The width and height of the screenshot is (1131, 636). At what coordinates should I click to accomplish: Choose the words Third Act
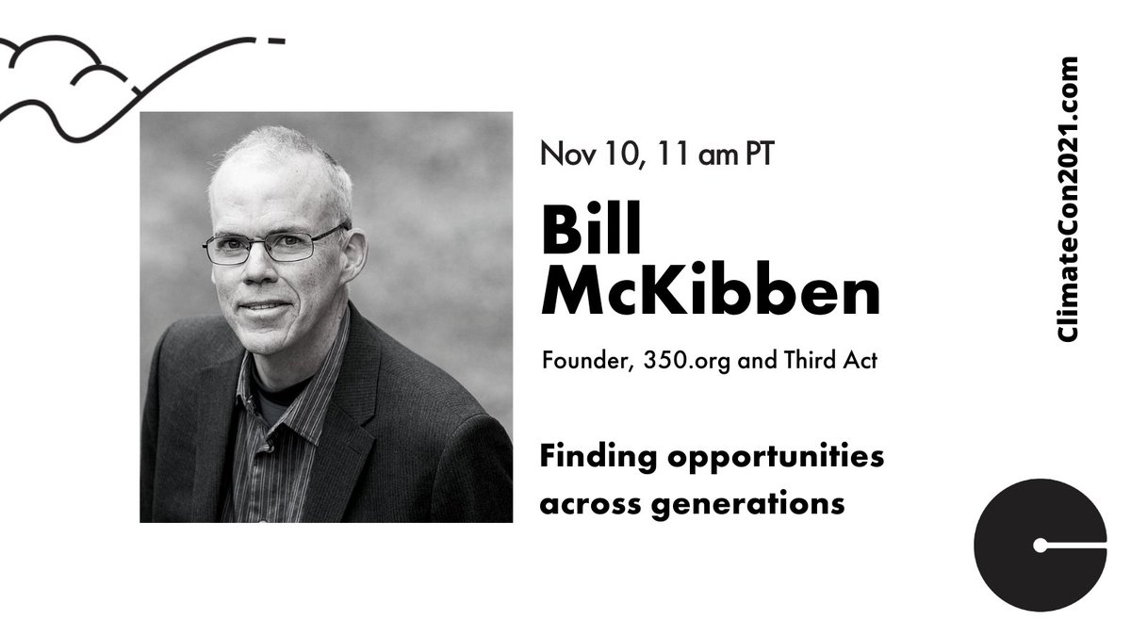pyautogui.click(x=830, y=362)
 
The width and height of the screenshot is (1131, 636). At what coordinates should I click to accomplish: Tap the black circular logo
pyautogui.click(x=1040, y=545)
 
